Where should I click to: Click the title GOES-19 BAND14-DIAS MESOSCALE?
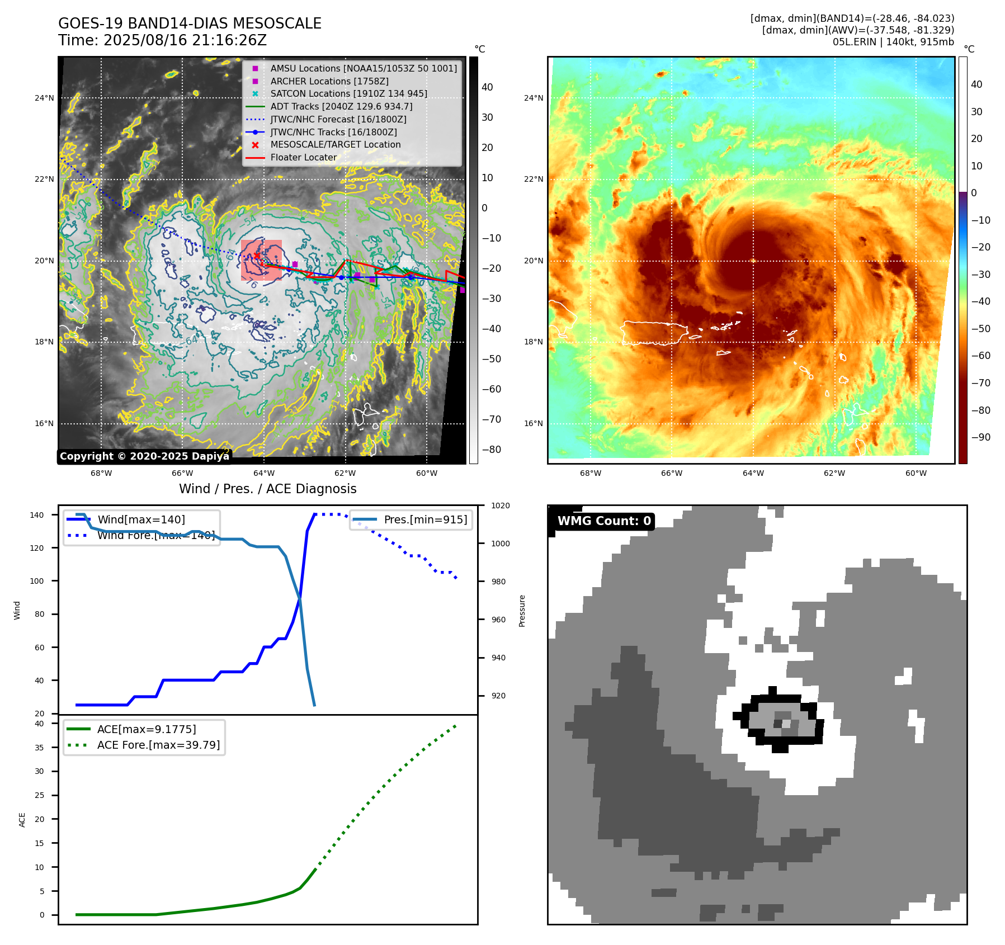(x=190, y=23)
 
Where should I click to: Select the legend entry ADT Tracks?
(x=341, y=106)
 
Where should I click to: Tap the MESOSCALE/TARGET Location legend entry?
(x=335, y=144)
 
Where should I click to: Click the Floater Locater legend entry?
(x=303, y=157)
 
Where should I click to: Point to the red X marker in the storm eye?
(x=257, y=256)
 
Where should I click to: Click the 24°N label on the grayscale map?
(x=44, y=98)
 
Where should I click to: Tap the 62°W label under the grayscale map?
(x=345, y=473)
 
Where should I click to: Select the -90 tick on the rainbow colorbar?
(x=980, y=437)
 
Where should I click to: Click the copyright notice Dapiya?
(x=144, y=456)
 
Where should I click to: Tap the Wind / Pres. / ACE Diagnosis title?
(x=267, y=489)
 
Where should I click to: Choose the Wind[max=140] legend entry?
(x=141, y=519)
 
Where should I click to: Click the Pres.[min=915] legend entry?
(x=425, y=519)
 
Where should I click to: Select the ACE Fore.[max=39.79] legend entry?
(x=158, y=745)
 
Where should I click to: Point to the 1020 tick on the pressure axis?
(x=500, y=505)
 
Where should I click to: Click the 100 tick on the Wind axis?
(x=37, y=581)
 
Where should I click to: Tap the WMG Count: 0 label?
(x=604, y=521)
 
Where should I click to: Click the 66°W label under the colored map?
(x=672, y=473)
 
